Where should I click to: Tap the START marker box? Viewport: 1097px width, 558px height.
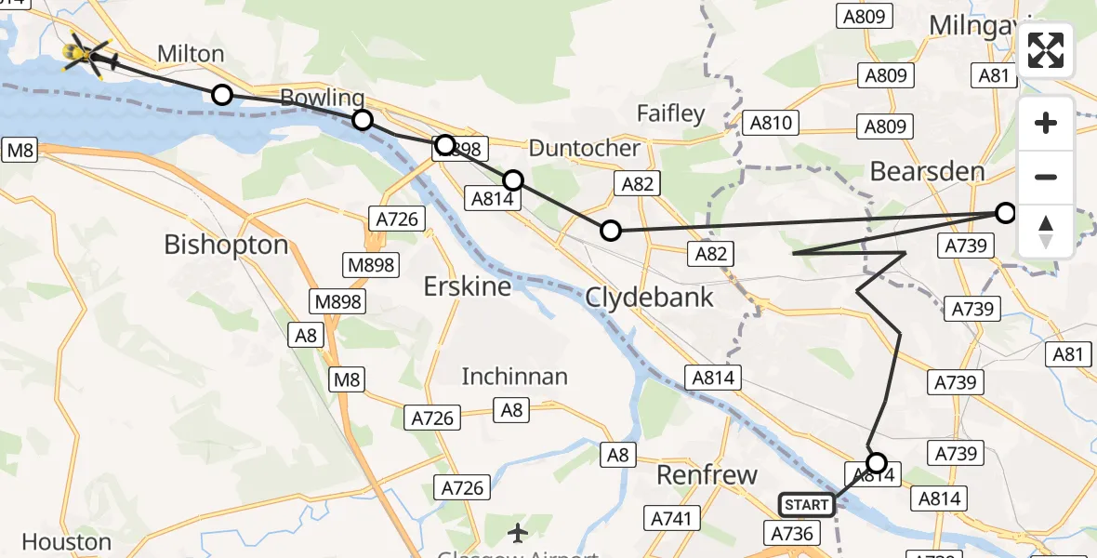pyautogui.click(x=806, y=505)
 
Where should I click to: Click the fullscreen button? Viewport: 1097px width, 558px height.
pyautogui.click(x=1046, y=50)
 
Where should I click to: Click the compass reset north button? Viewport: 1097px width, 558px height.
pyautogui.click(x=1046, y=231)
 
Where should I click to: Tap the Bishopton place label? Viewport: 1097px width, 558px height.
pyautogui.click(x=226, y=245)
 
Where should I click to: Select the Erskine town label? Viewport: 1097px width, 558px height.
pyautogui.click(x=467, y=286)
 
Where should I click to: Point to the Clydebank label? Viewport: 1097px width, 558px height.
pyautogui.click(x=649, y=298)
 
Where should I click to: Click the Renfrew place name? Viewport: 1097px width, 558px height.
pyautogui.click(x=707, y=475)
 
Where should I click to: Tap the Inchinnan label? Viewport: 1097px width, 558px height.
pyautogui.click(x=515, y=377)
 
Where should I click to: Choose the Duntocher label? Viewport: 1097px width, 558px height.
pyautogui.click(x=584, y=148)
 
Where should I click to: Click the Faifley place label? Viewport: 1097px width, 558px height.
pyautogui.click(x=670, y=113)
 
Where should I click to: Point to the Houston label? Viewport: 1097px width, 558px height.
pyautogui.click(x=67, y=541)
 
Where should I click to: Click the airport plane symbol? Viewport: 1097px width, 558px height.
pyautogui.click(x=518, y=533)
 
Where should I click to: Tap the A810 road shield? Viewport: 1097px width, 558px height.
pyautogui.click(x=772, y=123)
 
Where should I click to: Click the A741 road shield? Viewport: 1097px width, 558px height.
pyautogui.click(x=671, y=518)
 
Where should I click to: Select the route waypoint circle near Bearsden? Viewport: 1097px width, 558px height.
pyautogui.click(x=1006, y=213)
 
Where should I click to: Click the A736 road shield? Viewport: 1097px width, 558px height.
pyautogui.click(x=793, y=533)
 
